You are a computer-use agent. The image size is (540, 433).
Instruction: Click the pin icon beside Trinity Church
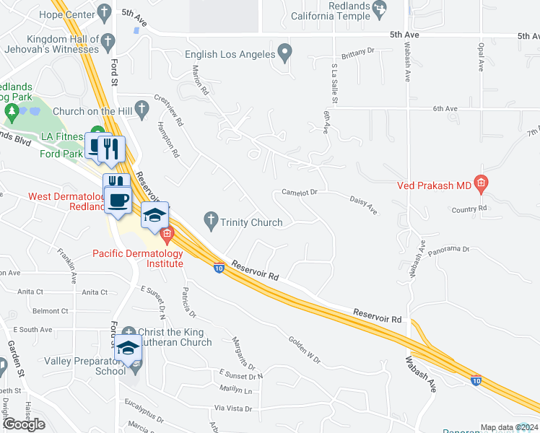tap(211, 222)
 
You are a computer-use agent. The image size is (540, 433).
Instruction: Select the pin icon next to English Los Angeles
tap(286, 53)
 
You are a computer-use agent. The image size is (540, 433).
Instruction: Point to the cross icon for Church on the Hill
tap(142, 110)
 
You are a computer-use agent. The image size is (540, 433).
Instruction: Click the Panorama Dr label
tap(448, 249)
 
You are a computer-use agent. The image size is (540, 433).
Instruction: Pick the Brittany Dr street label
tap(359, 52)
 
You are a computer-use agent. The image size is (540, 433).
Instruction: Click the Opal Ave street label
tap(480, 56)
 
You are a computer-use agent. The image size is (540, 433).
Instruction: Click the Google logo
tap(25, 424)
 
